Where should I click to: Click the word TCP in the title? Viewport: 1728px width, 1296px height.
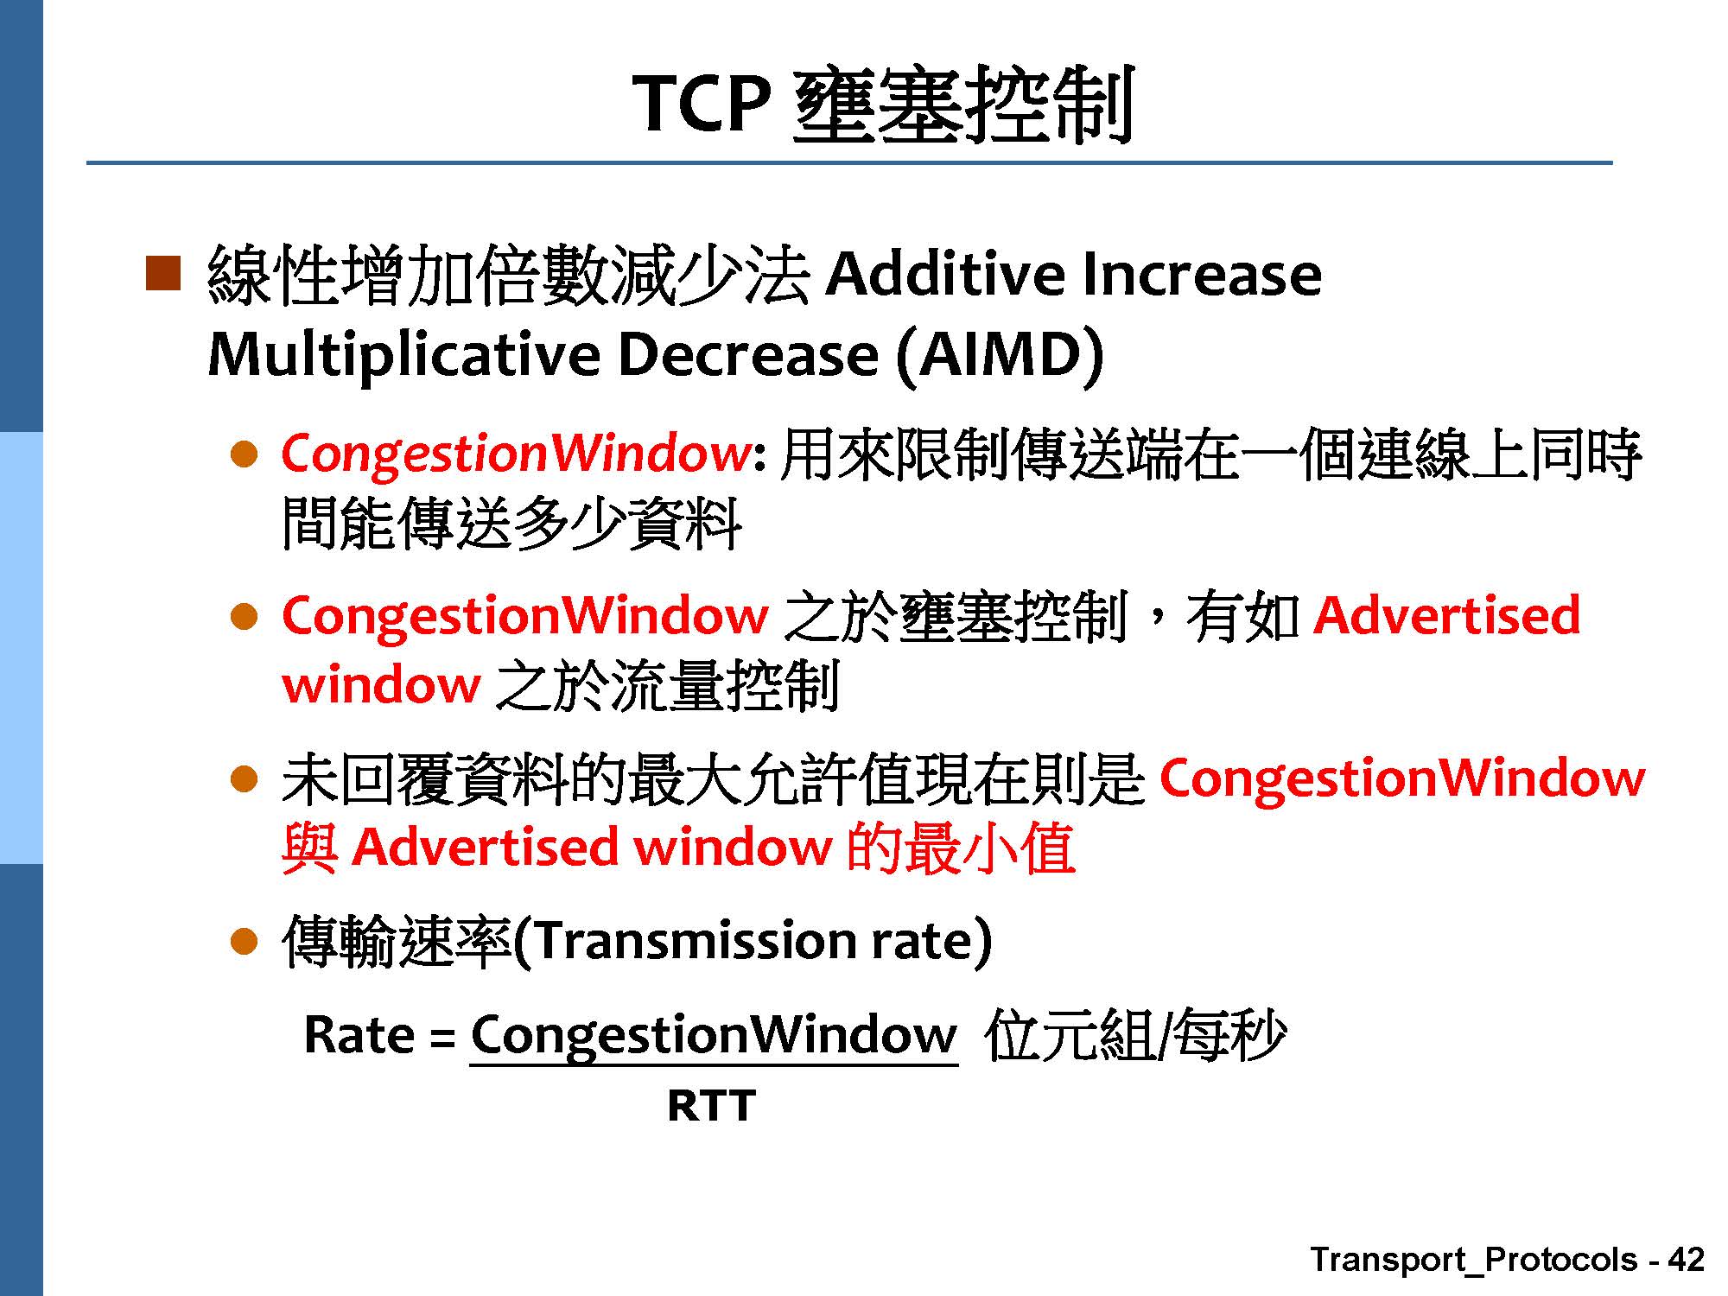click(x=702, y=103)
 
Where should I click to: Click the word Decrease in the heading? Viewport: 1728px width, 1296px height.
click(x=748, y=354)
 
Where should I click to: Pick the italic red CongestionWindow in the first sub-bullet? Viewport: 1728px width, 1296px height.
click(x=516, y=453)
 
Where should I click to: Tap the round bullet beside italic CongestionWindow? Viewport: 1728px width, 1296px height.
click(x=245, y=454)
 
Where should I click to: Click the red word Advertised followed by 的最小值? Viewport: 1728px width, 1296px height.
click(x=485, y=847)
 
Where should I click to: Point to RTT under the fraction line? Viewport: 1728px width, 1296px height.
click(x=711, y=1105)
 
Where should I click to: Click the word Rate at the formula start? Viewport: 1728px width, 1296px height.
click(x=359, y=1034)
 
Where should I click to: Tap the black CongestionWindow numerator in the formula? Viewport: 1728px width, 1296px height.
click(x=714, y=1036)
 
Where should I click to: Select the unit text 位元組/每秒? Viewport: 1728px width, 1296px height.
click(x=1135, y=1034)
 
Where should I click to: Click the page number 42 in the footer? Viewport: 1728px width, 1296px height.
click(x=1686, y=1260)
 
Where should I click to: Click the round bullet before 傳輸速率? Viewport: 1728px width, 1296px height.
click(x=245, y=941)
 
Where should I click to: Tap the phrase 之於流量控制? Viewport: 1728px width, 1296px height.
click(x=667, y=686)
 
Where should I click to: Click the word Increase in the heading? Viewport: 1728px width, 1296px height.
click(x=1201, y=274)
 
